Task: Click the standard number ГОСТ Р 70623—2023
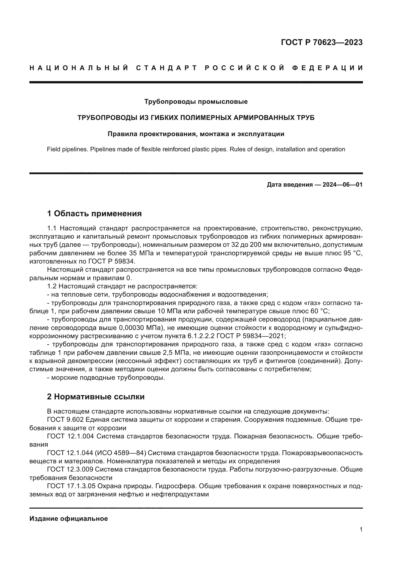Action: (322, 42)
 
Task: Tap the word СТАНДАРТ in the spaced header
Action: (167, 68)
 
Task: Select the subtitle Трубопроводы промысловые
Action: (196, 102)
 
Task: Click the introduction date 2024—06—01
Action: (343, 185)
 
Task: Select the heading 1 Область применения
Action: (94, 213)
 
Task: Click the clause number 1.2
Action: (52, 286)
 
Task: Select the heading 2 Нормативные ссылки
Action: (96, 396)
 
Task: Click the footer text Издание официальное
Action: (69, 519)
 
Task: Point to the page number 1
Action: (361, 529)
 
